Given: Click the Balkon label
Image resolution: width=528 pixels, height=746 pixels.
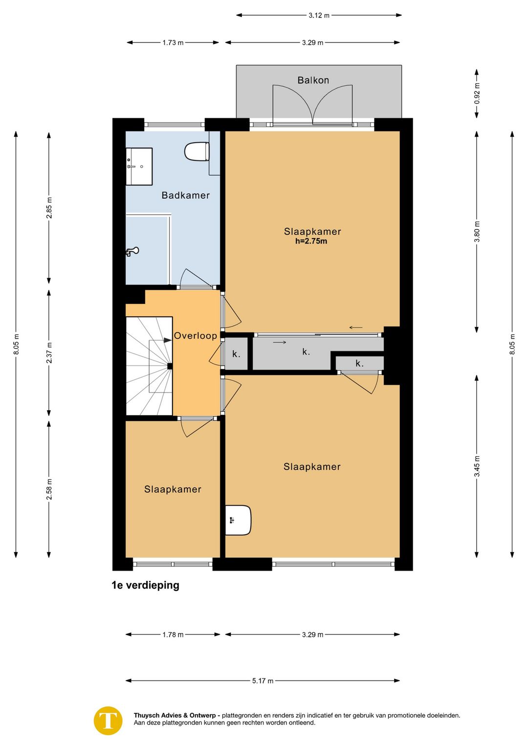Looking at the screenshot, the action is point(313,80).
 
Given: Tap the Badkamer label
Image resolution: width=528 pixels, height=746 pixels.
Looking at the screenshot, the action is point(186,195).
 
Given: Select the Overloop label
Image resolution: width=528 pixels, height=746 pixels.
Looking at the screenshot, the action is point(195,336).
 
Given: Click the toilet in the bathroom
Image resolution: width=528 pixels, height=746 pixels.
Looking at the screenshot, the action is point(197,151).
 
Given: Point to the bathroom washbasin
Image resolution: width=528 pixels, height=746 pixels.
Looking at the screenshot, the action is point(139,167).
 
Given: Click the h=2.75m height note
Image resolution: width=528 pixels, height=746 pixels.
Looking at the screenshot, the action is point(311,241).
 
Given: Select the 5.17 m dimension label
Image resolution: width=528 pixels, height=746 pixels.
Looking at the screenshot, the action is point(263,680).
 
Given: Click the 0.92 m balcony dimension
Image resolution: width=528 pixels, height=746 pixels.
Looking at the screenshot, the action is point(477,93).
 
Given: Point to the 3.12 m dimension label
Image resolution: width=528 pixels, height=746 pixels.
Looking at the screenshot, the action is point(319,15).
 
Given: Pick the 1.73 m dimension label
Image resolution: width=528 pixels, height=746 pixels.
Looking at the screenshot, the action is point(173,43).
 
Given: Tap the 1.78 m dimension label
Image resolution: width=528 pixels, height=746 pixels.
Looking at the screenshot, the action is point(173,635).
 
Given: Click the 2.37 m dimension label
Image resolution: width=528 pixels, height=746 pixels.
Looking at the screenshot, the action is point(49,352).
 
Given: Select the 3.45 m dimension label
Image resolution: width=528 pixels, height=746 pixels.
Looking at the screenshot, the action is point(477,466).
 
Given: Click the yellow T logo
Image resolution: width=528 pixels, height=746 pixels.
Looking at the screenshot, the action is point(108,721).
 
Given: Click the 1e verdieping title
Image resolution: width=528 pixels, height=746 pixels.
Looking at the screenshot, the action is point(145,585).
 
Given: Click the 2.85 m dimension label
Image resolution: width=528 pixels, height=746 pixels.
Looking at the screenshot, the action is point(49,208).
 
